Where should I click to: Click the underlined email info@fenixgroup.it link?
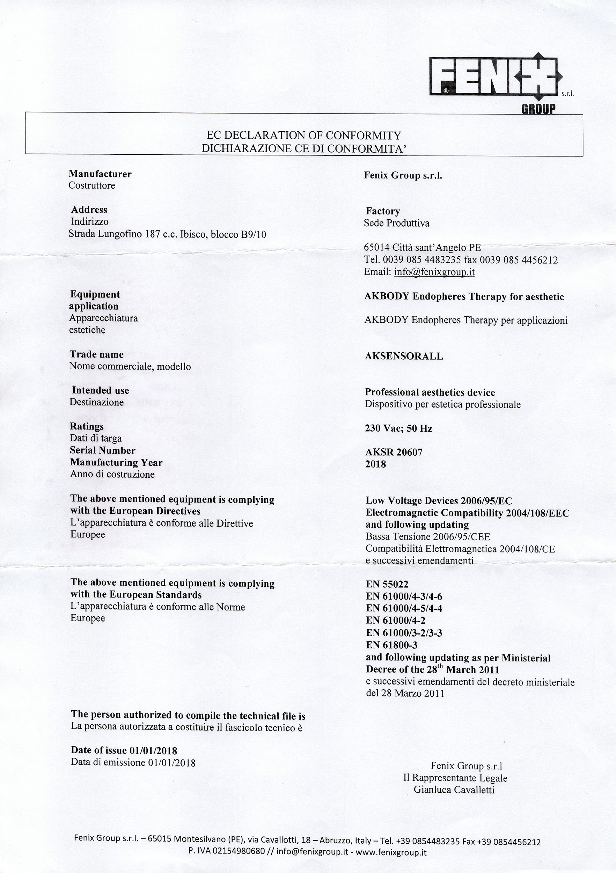click(x=434, y=272)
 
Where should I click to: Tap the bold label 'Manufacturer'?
click(x=100, y=174)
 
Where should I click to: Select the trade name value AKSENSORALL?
click(x=404, y=356)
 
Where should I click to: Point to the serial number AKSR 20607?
click(x=394, y=452)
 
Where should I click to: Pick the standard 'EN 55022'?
click(x=387, y=585)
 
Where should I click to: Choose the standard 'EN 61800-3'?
click(x=392, y=645)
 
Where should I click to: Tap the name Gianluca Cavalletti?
click(x=454, y=790)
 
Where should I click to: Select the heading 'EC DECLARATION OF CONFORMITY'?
click(x=303, y=135)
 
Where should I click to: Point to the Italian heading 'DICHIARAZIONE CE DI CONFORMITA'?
click(x=303, y=148)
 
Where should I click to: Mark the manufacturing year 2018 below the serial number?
click(x=375, y=464)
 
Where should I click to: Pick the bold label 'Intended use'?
click(x=100, y=390)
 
